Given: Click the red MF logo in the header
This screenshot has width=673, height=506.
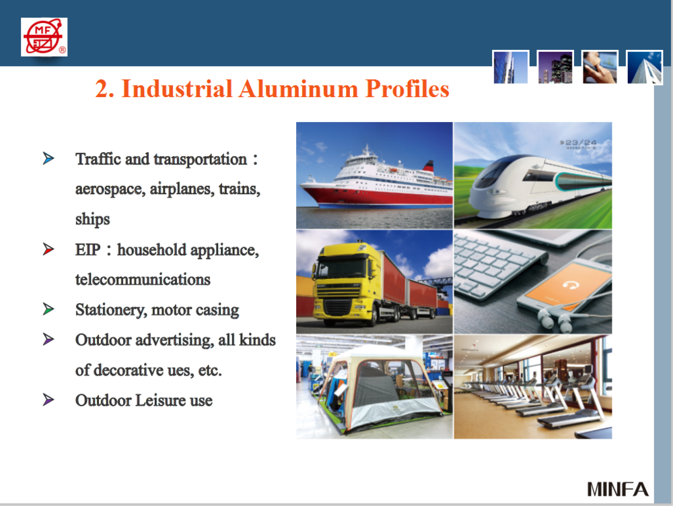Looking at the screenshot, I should coord(44,36).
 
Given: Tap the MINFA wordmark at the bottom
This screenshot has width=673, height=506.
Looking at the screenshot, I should coord(617,488).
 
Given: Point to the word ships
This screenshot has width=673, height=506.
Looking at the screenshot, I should coord(92,219).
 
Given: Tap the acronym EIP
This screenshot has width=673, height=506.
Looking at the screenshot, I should coord(87,250).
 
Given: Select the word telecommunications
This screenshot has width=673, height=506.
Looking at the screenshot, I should coord(143,280).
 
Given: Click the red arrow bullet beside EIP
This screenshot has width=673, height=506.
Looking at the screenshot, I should coord(48,250).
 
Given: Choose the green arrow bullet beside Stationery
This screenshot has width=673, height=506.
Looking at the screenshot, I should coord(48,310).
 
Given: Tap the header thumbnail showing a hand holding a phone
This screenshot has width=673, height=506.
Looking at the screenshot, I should coord(599,67).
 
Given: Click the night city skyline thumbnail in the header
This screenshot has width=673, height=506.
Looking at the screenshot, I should coord(555,67).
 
